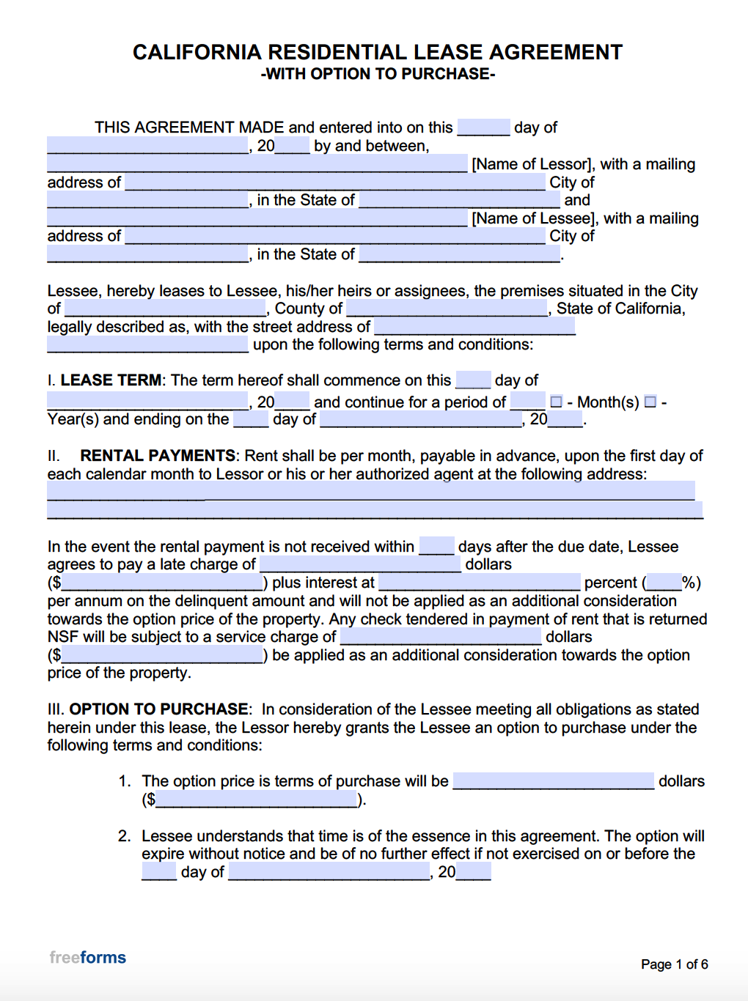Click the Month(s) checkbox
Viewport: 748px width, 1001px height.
click(556, 402)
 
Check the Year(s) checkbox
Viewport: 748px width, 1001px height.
click(650, 402)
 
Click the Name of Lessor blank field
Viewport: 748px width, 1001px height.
click(257, 163)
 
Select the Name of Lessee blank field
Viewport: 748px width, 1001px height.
click(257, 218)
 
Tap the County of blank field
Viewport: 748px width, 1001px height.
click(447, 308)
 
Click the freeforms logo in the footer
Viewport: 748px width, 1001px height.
click(88, 957)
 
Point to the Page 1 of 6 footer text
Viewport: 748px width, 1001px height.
click(674, 964)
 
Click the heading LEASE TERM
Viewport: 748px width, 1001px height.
click(111, 380)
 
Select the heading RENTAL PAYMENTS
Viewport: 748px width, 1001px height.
click(158, 456)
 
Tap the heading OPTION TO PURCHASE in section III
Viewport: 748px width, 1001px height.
click(159, 709)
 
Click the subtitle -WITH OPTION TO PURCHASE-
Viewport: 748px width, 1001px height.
click(378, 74)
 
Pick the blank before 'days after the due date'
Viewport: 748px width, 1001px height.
click(436, 546)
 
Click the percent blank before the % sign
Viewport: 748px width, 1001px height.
click(664, 583)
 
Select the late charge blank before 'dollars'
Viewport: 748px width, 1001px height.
click(360, 564)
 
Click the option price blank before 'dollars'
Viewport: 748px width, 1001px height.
click(553, 780)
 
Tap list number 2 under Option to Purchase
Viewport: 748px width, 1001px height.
click(124, 836)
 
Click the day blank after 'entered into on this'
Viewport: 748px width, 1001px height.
click(483, 127)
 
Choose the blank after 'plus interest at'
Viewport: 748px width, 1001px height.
click(479, 582)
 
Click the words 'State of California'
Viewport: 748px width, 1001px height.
click(620, 309)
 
